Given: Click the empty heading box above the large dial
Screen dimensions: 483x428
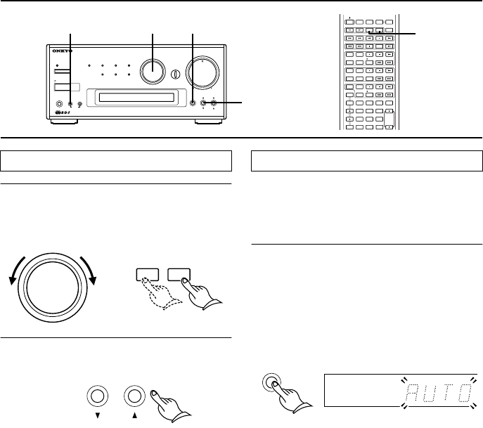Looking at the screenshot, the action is (x=116, y=160).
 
